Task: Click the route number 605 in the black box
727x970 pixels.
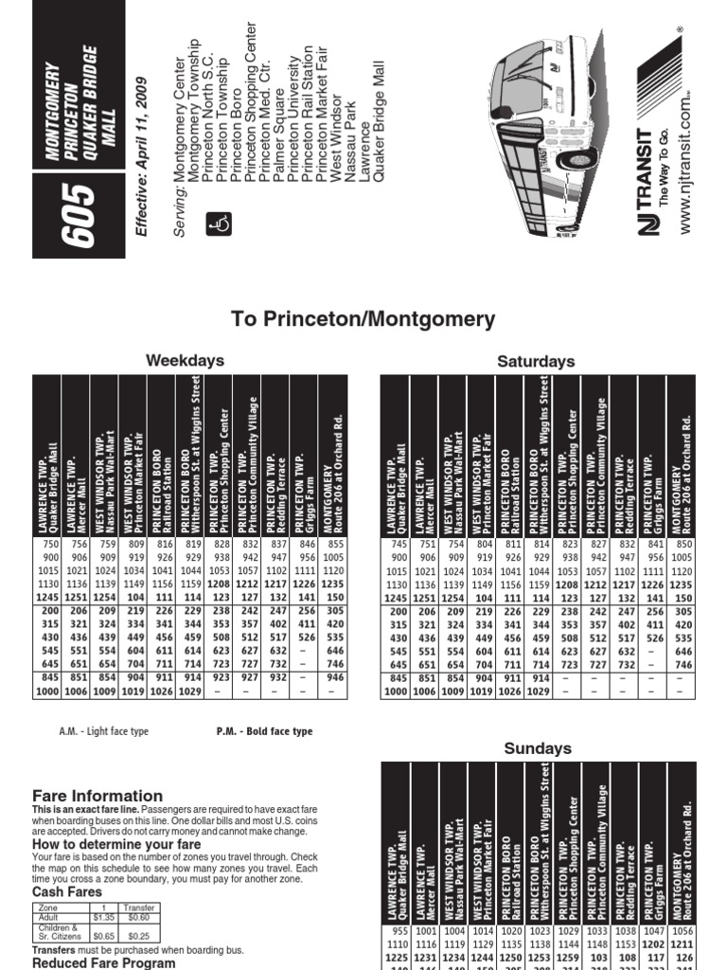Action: pos(79,216)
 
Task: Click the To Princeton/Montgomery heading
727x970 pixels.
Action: pos(363,319)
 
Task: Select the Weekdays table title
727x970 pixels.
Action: pos(185,360)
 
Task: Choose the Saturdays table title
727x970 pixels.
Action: pos(536,361)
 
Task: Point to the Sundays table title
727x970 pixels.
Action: pos(537,748)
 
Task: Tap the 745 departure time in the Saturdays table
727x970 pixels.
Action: pos(396,545)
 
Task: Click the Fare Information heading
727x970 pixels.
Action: pos(98,796)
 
